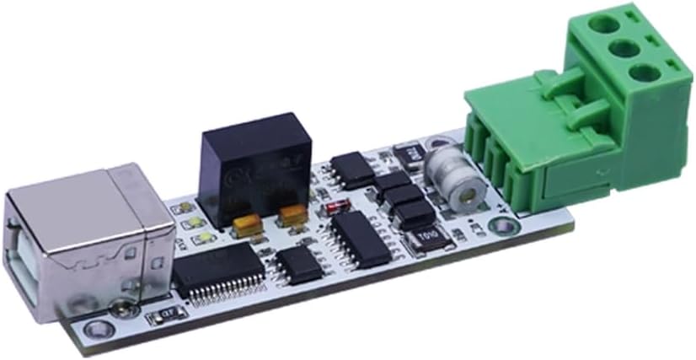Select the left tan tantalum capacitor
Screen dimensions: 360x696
[247, 223]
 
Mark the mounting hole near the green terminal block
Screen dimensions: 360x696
[502, 226]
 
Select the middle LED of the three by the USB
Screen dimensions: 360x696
[193, 223]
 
